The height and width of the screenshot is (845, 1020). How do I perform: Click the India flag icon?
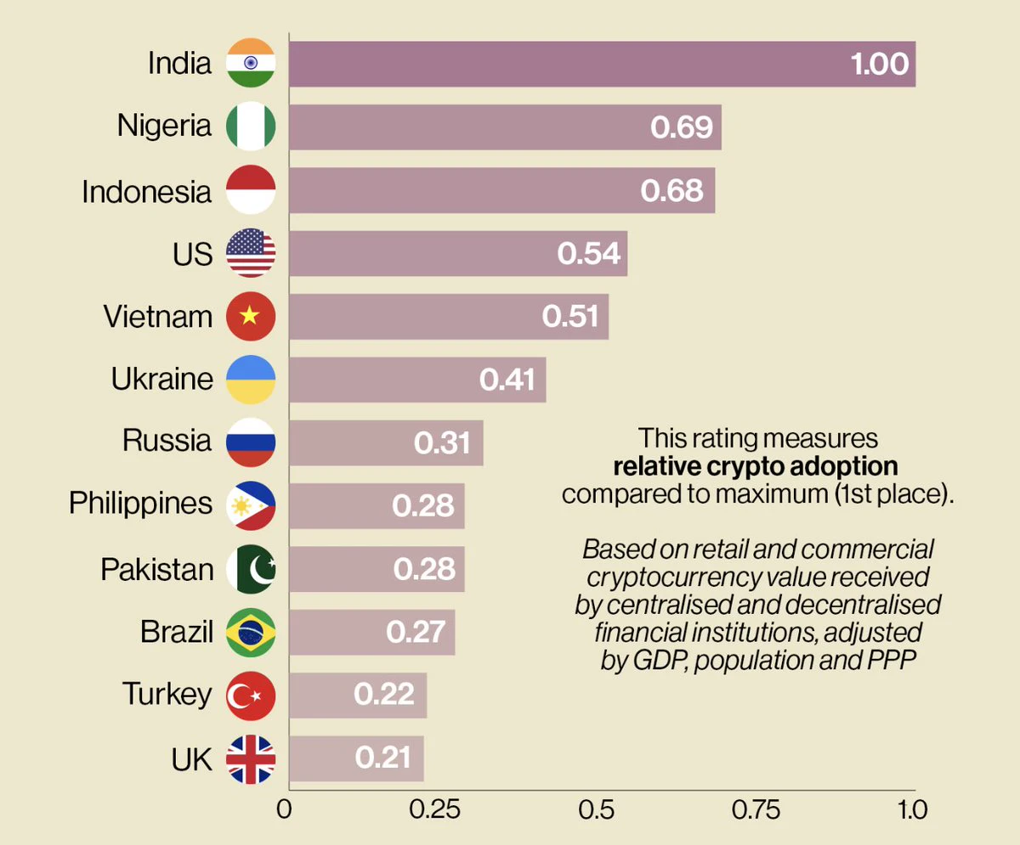pyautogui.click(x=251, y=63)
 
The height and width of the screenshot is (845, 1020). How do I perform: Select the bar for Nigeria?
pyautogui.click(x=505, y=127)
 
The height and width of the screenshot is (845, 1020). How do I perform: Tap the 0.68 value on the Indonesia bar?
pyautogui.click(x=671, y=190)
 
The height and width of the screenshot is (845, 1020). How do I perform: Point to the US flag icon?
pyautogui.click(x=251, y=253)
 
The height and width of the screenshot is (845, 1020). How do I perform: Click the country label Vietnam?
pyautogui.click(x=158, y=316)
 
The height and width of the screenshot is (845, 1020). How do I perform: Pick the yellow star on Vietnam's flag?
pyautogui.click(x=250, y=315)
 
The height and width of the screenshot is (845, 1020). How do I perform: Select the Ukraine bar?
pyautogui.click(x=417, y=380)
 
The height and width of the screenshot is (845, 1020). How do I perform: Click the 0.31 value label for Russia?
pyautogui.click(x=442, y=442)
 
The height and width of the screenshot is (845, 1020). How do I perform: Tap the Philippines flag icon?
pyautogui.click(x=251, y=506)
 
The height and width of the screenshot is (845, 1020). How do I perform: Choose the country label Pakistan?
pyautogui.click(x=157, y=569)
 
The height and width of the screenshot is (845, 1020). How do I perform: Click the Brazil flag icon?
pyautogui.click(x=251, y=632)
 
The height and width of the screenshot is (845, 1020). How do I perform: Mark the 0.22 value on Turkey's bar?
pyautogui.click(x=384, y=694)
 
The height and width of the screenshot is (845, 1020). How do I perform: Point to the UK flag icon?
pyautogui.click(x=251, y=759)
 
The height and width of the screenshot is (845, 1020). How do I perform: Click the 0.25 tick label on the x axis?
pyautogui.click(x=434, y=810)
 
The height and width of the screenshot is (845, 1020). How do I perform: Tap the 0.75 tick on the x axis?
pyautogui.click(x=756, y=810)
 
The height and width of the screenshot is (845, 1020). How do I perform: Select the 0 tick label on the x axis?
pyautogui.click(x=284, y=810)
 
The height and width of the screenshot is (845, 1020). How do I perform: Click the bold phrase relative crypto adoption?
pyautogui.click(x=756, y=466)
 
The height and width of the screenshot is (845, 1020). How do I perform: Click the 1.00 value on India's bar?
pyautogui.click(x=880, y=64)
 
